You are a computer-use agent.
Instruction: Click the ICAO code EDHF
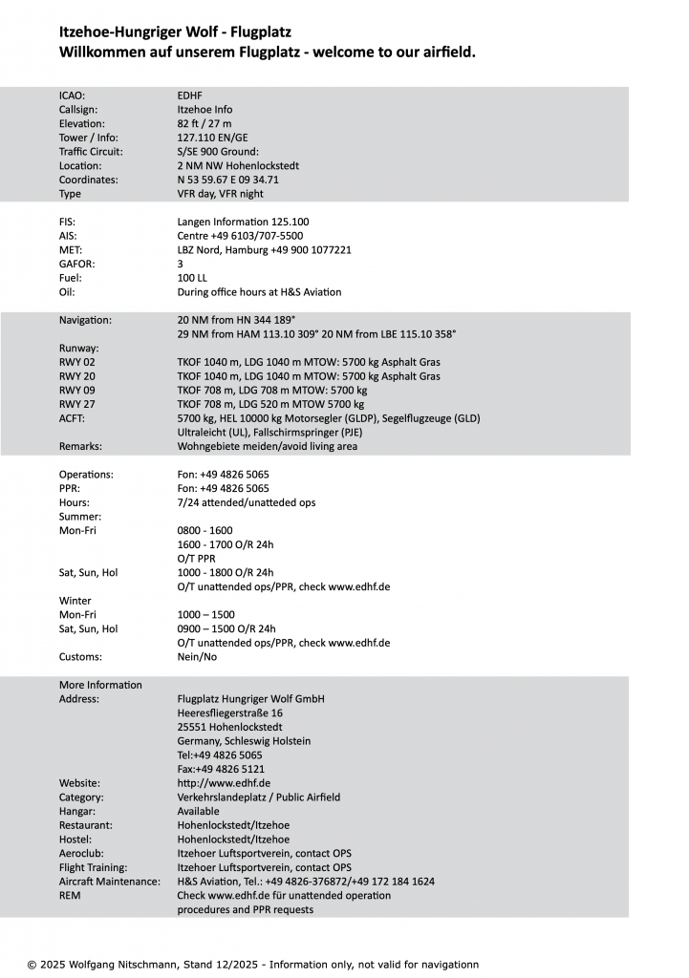coord(189,96)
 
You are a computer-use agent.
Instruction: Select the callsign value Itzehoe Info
coord(205,110)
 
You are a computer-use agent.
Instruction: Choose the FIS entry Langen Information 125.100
coord(243,222)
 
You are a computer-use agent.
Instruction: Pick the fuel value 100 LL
coord(192,278)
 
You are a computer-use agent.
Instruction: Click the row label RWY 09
coord(77,391)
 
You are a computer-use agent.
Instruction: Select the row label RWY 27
coord(77,404)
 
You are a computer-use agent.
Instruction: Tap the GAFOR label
coord(76,264)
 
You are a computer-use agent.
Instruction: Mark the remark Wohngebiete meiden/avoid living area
coord(268,446)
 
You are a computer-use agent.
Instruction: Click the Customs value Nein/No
coord(197,657)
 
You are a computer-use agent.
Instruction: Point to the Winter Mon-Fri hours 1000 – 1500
coord(205,615)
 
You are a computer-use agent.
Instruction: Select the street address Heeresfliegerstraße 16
coord(229,713)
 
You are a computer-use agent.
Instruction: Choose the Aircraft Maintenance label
coord(110,882)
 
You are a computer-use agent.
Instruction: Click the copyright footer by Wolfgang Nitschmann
coord(253,965)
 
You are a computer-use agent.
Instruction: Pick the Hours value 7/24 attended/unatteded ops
coord(247,502)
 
